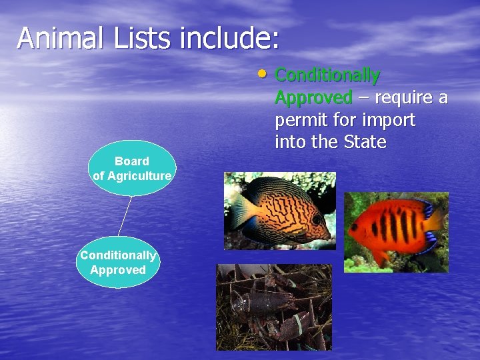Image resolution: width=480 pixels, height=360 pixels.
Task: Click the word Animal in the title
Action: coord(61,38)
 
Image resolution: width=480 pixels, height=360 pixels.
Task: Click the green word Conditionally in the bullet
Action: coord(327,75)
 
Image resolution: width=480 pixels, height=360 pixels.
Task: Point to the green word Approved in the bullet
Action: coord(313,98)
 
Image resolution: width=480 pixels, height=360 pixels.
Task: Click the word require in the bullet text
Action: coord(403,98)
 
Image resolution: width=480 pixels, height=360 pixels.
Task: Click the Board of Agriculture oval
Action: coord(132,168)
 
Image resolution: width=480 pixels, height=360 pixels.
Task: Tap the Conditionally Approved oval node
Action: coord(118,262)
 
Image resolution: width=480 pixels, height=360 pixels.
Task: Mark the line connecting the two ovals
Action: coord(125,215)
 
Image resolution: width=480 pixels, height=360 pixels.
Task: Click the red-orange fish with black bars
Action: coord(397,227)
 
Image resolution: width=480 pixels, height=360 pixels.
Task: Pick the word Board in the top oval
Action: coord(131,161)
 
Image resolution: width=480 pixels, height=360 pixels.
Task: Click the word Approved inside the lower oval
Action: coord(118,270)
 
